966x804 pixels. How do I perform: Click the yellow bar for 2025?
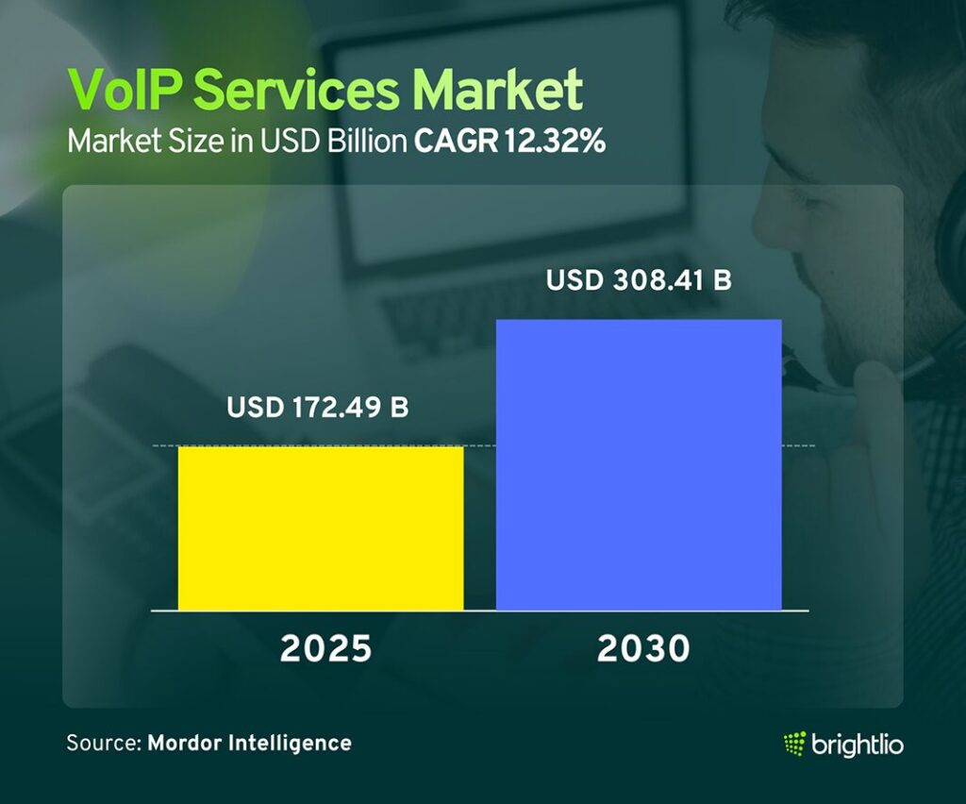coord(321,528)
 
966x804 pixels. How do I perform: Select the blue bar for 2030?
coord(639,464)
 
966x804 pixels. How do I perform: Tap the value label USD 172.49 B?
coord(318,409)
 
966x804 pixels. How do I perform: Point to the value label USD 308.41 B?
coord(640,281)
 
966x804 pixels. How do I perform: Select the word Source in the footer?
coord(102,743)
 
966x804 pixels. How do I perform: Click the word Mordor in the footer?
coord(183,743)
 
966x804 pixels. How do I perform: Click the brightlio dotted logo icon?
coord(794,744)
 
